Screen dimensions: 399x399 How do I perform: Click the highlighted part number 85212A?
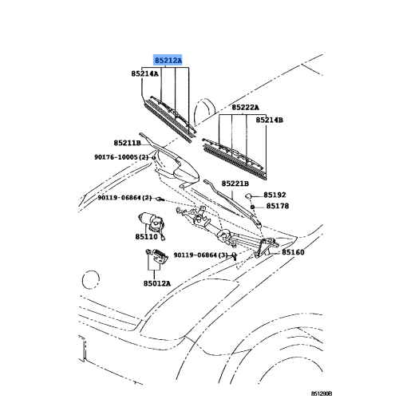click(x=168, y=61)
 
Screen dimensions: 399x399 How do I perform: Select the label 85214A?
click(x=144, y=73)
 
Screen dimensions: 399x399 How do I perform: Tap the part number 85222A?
click(x=245, y=107)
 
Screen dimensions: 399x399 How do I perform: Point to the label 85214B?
click(x=270, y=120)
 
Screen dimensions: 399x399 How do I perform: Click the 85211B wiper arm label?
click(x=127, y=143)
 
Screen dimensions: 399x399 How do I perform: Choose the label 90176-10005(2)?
click(x=121, y=157)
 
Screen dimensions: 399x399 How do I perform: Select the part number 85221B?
click(x=235, y=184)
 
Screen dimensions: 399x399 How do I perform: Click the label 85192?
click(x=275, y=195)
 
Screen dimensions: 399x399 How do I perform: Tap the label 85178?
click(x=278, y=206)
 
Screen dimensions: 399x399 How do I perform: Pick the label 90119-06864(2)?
click(x=124, y=198)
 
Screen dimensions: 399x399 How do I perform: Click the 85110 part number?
click(x=147, y=236)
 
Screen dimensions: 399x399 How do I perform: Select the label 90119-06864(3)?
click(x=201, y=255)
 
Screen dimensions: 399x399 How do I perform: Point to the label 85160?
click(x=293, y=252)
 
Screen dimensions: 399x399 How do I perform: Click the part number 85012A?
click(x=157, y=283)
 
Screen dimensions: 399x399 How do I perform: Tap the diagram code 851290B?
click(x=322, y=393)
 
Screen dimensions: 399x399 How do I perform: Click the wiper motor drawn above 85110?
click(x=152, y=223)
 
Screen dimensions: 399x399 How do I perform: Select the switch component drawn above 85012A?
click(x=157, y=256)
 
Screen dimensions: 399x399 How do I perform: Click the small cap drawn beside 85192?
click(x=248, y=196)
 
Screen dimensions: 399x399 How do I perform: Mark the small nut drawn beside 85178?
click(x=252, y=207)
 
